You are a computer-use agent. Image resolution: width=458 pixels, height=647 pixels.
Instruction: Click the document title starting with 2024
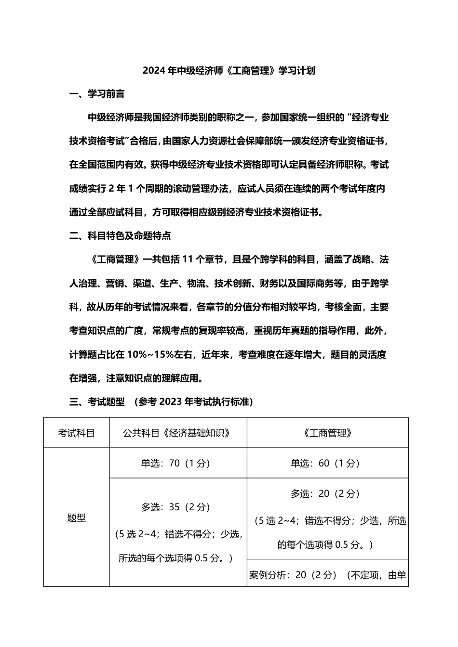pyautogui.click(x=229, y=70)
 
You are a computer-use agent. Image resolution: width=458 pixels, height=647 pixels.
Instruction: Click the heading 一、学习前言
pyautogui.click(x=97, y=94)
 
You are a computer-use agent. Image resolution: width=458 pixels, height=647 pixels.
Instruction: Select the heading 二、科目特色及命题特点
pyautogui.click(x=120, y=236)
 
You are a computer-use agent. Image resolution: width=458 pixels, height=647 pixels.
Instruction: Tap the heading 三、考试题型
pyautogui.click(x=97, y=401)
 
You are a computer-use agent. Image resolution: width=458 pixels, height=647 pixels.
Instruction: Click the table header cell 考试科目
pyautogui.click(x=77, y=433)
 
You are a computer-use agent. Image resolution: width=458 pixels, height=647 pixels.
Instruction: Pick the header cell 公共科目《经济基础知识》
pyautogui.click(x=178, y=433)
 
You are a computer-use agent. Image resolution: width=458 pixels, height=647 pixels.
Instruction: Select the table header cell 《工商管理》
pyautogui.click(x=327, y=433)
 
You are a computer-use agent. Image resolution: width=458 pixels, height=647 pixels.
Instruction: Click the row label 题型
pyautogui.click(x=77, y=518)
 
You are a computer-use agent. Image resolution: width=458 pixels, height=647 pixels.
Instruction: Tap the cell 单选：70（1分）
pyautogui.click(x=176, y=463)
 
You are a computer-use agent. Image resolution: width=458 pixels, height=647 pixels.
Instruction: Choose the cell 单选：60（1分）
pyautogui.click(x=325, y=463)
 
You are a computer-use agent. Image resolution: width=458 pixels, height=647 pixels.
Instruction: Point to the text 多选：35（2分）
pyautogui.click(x=176, y=507)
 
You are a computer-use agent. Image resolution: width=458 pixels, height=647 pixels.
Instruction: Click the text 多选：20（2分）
pyautogui.click(x=325, y=493)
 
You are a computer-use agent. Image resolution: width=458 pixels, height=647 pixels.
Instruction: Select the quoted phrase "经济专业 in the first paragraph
pyautogui.click(x=368, y=117)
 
